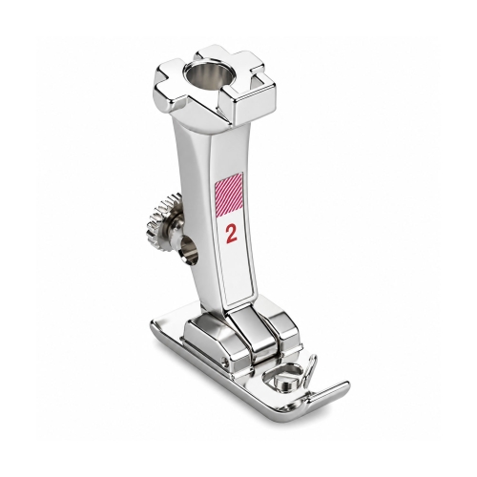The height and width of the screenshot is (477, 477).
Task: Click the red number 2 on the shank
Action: (232, 235)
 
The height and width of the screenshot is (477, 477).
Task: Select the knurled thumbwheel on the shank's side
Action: (163, 219)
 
